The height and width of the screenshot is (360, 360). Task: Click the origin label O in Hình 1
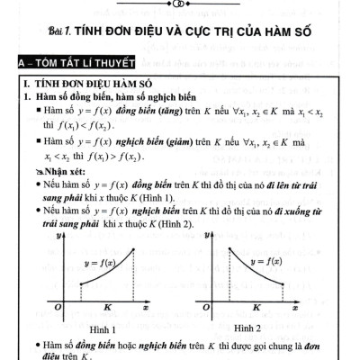tap(57, 308)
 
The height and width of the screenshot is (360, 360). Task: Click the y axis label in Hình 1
tap(58, 235)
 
